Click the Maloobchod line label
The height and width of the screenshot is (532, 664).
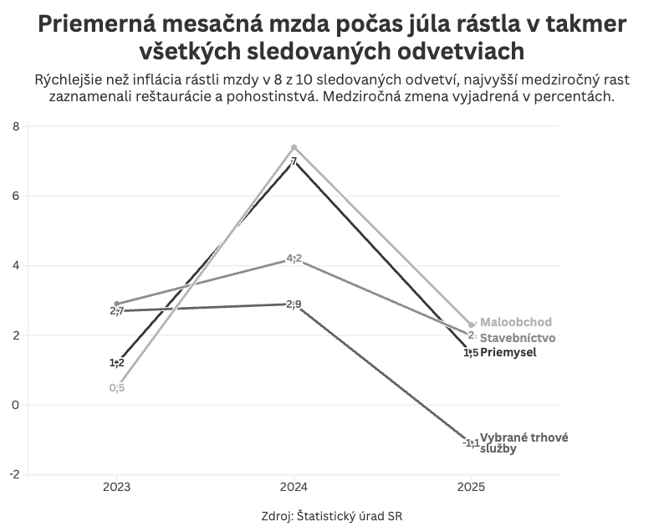coord(516,322)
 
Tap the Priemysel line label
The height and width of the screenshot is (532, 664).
coord(508,352)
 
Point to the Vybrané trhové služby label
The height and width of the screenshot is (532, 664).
coord(518,442)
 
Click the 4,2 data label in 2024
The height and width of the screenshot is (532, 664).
coord(294,258)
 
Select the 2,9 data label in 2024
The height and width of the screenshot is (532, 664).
coord(294,304)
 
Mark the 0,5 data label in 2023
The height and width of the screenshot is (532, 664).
coord(117,387)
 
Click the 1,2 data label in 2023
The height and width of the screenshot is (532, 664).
coord(117,363)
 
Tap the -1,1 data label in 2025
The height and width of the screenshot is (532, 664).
coord(471,442)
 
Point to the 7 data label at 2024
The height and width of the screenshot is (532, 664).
coord(294,161)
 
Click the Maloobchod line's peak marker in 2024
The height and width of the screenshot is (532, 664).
coord(294,147)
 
